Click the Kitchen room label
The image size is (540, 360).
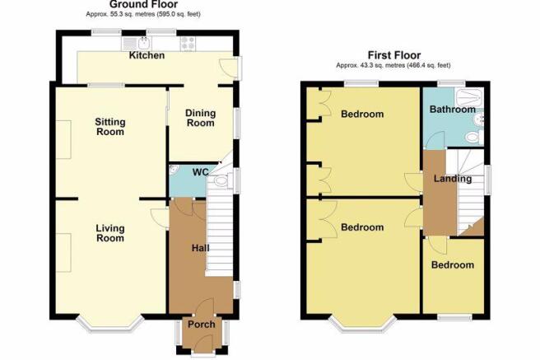pos(147,55)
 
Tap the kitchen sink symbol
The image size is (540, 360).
pos(136,44)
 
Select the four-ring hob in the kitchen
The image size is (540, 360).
pos(188,44)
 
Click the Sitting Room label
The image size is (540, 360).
pos(110,127)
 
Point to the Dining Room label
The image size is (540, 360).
pos(200,118)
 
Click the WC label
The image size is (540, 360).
pos(200,172)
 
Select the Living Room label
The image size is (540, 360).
pos(110,233)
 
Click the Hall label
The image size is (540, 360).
pos(200,248)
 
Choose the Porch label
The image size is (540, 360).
pos(202,325)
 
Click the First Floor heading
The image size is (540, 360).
pos(394,55)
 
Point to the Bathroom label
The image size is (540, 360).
pos(453,110)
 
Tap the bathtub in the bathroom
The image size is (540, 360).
pos(469,97)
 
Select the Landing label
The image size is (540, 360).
pos(453,179)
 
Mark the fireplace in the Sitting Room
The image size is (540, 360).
pos(63,139)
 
